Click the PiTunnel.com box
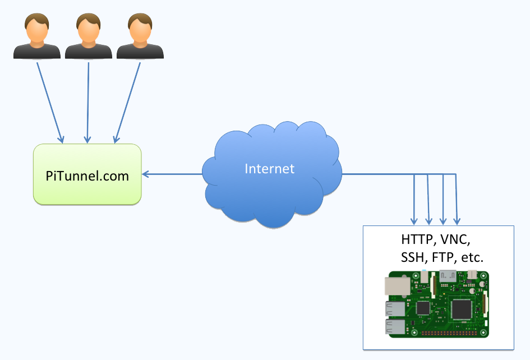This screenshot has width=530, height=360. (87, 175)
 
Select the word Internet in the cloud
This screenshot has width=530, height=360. (269, 168)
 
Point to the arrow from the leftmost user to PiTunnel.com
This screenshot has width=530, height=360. (49, 101)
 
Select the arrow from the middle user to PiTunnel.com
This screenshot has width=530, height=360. (87, 101)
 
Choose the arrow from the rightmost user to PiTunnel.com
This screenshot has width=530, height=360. (127, 101)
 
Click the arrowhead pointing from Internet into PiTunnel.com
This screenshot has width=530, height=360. (146, 174)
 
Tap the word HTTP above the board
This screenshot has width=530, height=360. (417, 239)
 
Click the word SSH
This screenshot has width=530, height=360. (413, 258)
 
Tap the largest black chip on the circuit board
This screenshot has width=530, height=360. (462, 308)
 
